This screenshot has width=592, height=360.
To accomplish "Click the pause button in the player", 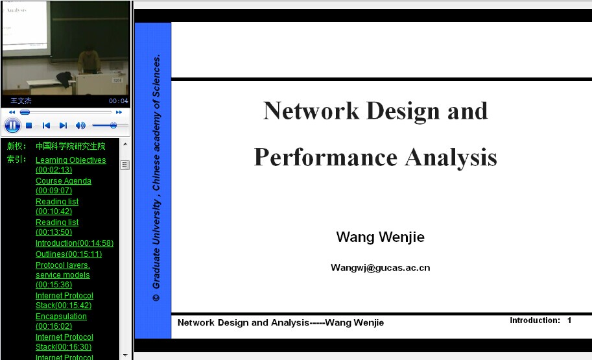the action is point(12,125).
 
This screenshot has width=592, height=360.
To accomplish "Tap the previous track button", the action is point(46,125).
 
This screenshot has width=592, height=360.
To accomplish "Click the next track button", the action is point(63,125).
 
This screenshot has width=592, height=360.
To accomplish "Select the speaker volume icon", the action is point(80,125).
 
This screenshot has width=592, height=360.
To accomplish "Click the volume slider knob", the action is point(113,125).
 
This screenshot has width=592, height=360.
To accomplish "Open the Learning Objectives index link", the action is point(71,165).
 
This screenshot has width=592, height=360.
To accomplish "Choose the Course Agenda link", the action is point(64,186).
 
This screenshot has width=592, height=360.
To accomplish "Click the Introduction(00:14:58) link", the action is point(75,243).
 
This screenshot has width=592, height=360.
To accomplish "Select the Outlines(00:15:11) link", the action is point(69,254).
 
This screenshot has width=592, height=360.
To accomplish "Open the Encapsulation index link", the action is point(61,321).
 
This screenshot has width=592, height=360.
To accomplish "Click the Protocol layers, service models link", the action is point(63,274).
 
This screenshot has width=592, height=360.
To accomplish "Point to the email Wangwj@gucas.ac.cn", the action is point(380,268).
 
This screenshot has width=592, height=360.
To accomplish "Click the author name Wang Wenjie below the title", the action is point(380,237).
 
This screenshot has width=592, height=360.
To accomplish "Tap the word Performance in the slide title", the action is point(326,157).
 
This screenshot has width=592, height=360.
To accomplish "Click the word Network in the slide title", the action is point(311,111).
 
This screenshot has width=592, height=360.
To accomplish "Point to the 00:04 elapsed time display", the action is point(119,101).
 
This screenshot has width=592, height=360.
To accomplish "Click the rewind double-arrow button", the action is point(12,112).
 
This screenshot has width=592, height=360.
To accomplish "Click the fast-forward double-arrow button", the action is point(119,112).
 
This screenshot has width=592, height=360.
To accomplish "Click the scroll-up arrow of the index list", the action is point(125,144).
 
